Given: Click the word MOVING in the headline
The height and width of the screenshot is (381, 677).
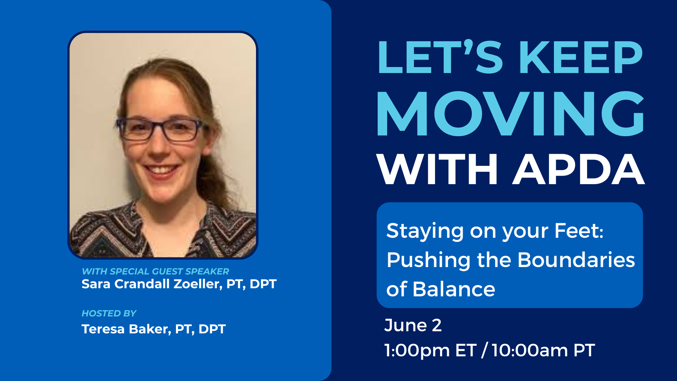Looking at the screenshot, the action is pos(511,114).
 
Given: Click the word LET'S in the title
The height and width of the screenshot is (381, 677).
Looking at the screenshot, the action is pos(440,57).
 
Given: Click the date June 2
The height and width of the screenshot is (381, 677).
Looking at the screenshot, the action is pos(413,325).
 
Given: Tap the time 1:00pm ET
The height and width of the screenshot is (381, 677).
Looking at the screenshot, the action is pos(430,350).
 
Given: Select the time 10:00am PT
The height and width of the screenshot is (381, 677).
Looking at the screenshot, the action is pos(543,350).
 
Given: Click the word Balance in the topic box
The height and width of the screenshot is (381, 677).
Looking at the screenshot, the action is pos(454,289).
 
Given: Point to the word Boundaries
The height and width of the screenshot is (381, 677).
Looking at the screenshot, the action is pos(576,260).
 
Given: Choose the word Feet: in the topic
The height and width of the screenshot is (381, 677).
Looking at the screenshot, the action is pos(579,231).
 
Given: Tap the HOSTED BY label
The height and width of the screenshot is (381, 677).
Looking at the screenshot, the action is pos(109,313).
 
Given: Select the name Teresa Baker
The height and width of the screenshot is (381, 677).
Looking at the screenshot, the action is pos(126,329).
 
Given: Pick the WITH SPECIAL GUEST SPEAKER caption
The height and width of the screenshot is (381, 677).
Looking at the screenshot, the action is pos(155,271).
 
